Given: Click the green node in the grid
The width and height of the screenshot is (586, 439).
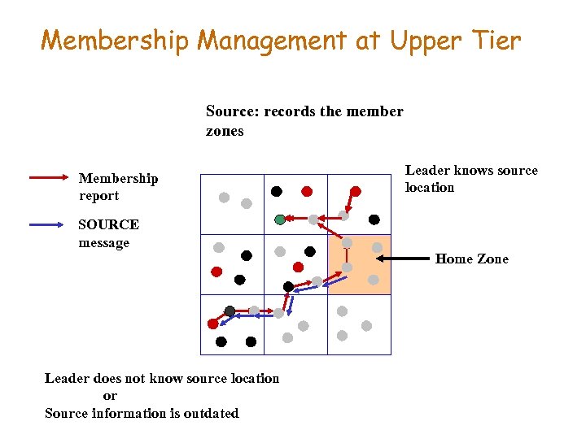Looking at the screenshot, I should tap(280, 219).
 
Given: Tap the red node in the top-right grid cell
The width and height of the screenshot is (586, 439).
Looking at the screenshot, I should tap(356, 192).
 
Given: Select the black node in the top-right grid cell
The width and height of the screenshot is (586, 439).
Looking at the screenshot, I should tap(374, 219).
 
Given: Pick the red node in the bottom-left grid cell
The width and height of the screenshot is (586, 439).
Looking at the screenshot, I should tap(213, 323).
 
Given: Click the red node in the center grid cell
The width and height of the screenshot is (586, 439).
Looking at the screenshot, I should tap(298, 267).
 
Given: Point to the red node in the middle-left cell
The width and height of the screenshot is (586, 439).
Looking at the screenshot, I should tap(216, 272).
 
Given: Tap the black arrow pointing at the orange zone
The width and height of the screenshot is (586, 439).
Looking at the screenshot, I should tap(407, 259).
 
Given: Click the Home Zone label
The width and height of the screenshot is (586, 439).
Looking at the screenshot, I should tap(471, 259).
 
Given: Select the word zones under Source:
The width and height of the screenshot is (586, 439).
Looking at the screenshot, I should tap(225, 131).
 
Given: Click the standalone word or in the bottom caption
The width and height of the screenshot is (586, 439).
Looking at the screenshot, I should tap(110, 396).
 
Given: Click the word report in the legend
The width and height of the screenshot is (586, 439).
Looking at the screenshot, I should tap(98, 196).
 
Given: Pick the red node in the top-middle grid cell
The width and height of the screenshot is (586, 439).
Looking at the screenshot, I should tap(307, 192).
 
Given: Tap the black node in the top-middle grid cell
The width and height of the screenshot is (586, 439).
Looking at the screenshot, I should tap(277, 192).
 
